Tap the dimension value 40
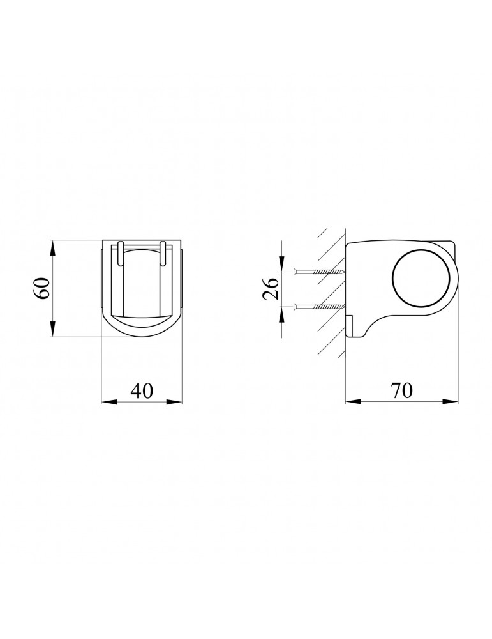point(142,391)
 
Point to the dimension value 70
point(402,391)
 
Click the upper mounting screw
point(318,272)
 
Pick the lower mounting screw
point(318,305)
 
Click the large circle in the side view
point(421,279)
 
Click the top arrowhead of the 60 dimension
point(53,248)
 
